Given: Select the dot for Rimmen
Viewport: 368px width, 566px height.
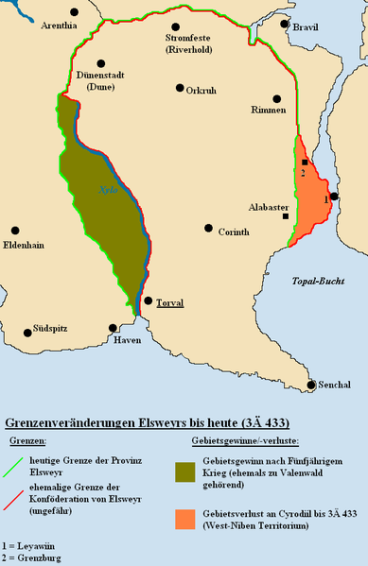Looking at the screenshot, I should click(x=277, y=98).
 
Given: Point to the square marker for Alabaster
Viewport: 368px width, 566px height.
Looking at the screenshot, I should click(x=286, y=216).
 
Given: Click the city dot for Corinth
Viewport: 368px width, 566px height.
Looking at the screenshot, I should click(x=208, y=229).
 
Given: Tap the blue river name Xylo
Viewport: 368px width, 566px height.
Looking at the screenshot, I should click(x=107, y=190).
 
